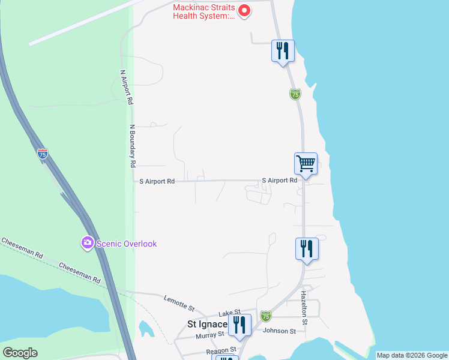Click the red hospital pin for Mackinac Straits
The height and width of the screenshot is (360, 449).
point(244,10)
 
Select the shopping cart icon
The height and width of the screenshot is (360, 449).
point(306,163)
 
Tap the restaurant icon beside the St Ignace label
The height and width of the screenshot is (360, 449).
point(240,326)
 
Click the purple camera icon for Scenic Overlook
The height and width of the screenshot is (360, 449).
point(88,243)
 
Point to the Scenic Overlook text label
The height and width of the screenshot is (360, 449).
point(127,244)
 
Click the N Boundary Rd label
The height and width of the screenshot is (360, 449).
point(133,146)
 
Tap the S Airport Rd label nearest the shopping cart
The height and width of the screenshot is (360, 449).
point(279,180)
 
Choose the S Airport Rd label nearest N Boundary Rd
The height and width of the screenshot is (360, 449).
point(157,181)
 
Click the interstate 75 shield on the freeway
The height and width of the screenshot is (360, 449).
point(42,154)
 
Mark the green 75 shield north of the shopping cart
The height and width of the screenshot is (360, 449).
point(295,94)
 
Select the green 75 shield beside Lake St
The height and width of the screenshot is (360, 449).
point(266,315)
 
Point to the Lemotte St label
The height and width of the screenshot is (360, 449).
point(179,304)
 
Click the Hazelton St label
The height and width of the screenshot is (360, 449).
point(304,308)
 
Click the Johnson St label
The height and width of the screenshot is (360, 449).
point(280,331)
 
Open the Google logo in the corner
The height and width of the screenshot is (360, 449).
point(20,353)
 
